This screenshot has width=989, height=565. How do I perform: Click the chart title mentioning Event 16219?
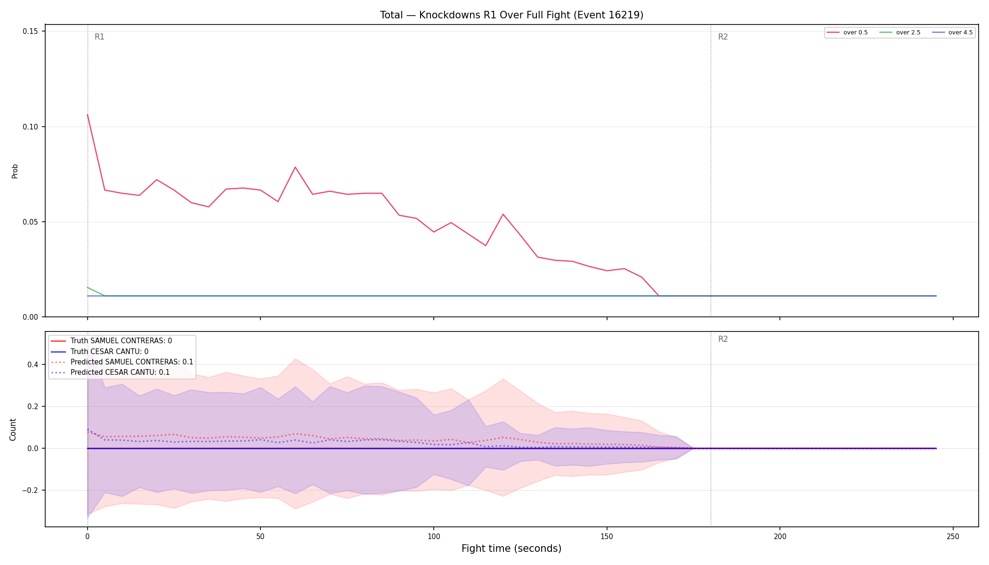click(x=511, y=15)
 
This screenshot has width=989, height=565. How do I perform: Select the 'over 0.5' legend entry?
click(x=847, y=32)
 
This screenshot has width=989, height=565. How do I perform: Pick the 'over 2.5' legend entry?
click(x=900, y=32)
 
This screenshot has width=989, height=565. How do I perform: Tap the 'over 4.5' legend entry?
click(x=952, y=32)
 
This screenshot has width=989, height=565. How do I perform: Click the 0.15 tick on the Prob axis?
click(x=31, y=31)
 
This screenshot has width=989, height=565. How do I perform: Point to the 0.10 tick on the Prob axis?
click(x=31, y=127)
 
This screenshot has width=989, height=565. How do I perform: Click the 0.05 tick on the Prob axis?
click(x=31, y=222)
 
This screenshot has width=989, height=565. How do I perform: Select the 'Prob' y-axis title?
click(x=15, y=171)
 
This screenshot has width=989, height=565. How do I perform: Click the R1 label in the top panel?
click(x=99, y=37)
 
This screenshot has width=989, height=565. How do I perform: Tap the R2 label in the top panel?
click(x=723, y=37)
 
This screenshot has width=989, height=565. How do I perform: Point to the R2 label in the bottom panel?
click(x=723, y=339)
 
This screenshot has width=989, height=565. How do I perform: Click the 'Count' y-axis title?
click(x=13, y=429)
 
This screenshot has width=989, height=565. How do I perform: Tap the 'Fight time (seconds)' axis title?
click(x=511, y=549)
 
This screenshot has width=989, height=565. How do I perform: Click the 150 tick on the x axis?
click(x=607, y=536)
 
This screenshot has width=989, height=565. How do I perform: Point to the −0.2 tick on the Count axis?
click(x=30, y=490)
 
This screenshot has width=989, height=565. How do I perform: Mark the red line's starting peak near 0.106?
click(x=88, y=115)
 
